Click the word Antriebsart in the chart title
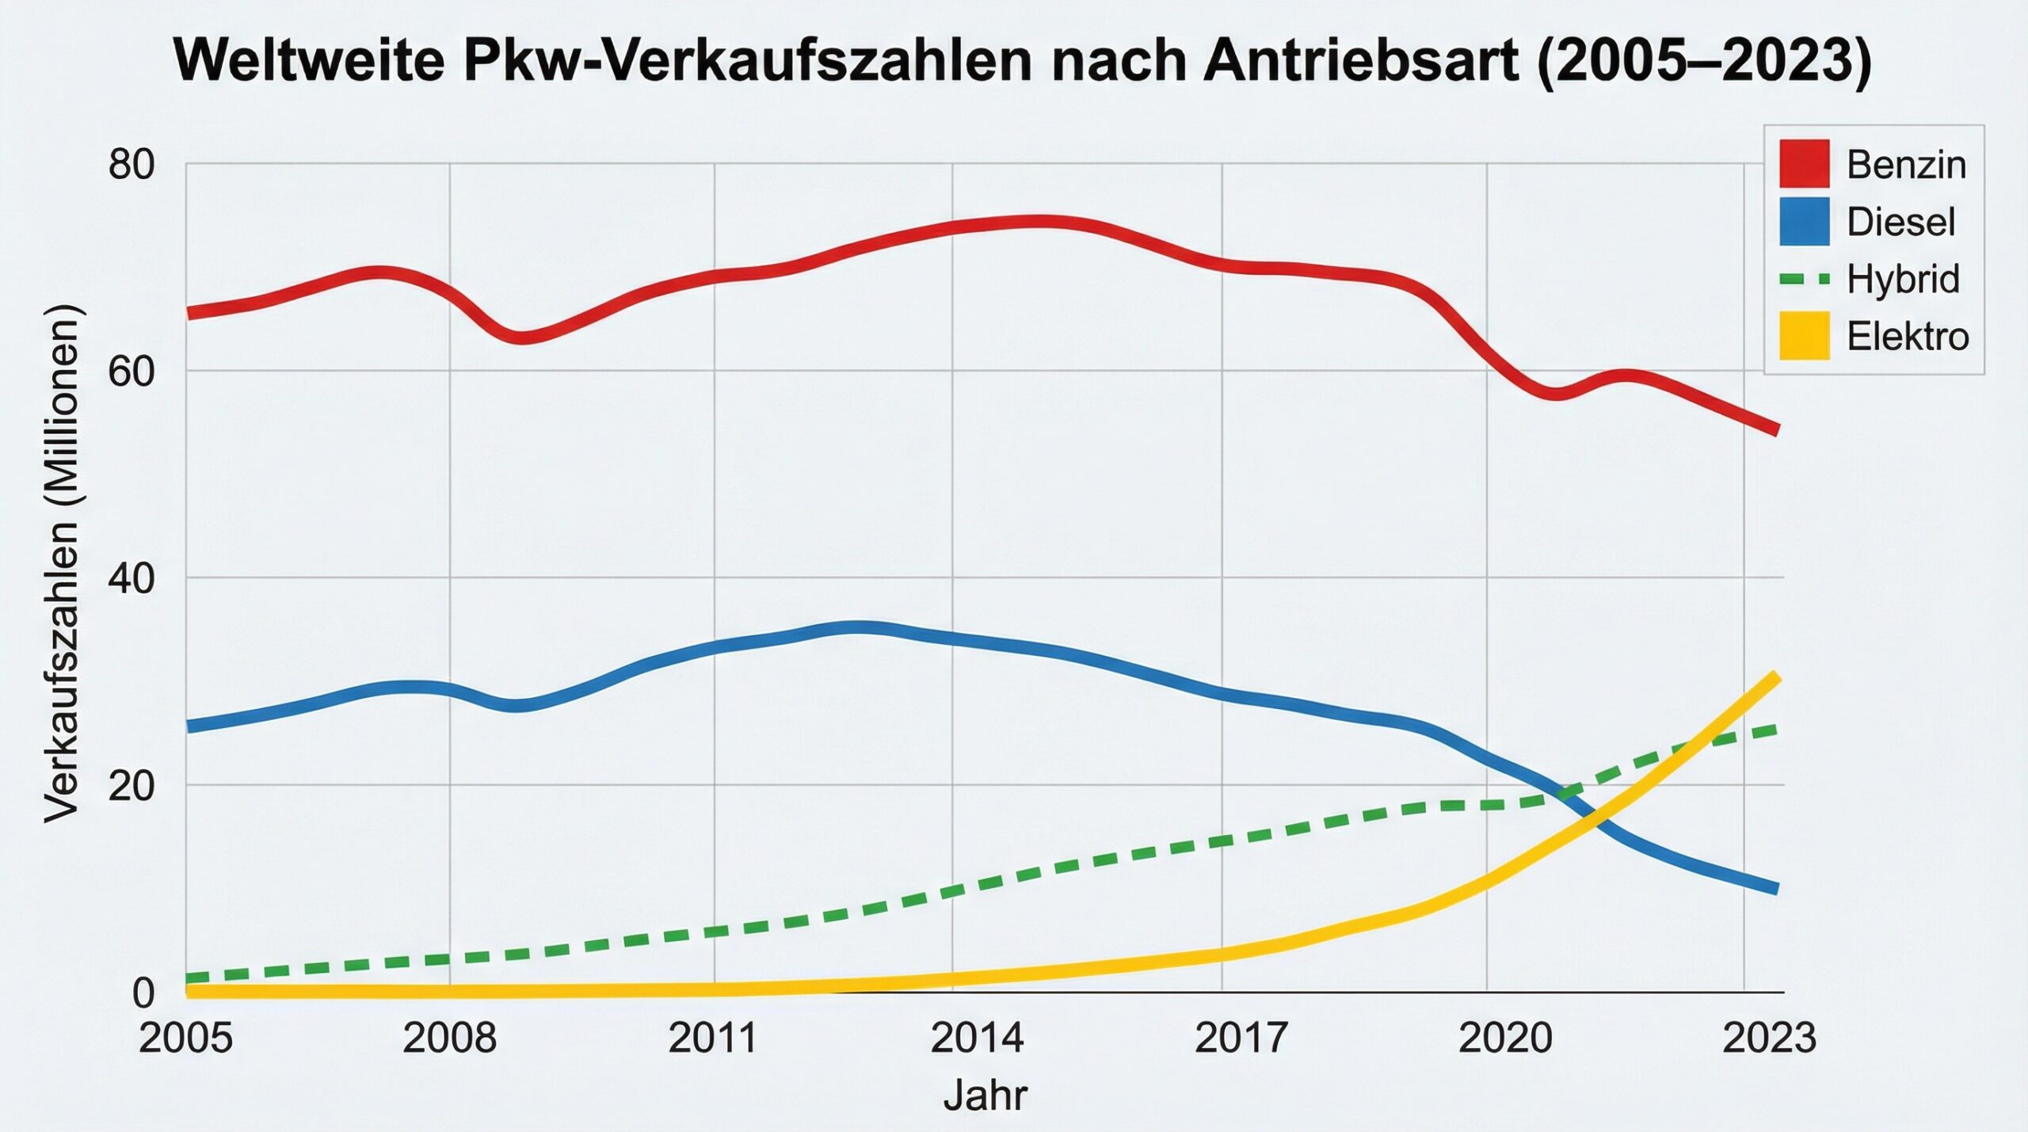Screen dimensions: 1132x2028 click(x=1360, y=60)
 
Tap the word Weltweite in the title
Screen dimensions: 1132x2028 click(x=309, y=60)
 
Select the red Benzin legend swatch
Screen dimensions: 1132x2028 click(x=1804, y=163)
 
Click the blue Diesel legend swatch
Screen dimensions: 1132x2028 click(x=1804, y=221)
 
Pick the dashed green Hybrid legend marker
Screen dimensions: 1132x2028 click(x=1804, y=279)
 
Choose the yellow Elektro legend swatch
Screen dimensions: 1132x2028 click(x=1804, y=336)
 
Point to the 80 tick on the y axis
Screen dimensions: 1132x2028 click(x=132, y=165)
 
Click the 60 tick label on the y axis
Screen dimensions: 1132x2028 click(x=132, y=371)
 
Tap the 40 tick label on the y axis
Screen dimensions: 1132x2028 click(x=132, y=579)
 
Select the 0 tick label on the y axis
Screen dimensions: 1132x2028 click(x=143, y=993)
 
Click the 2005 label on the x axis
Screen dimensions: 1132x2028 click(x=185, y=1038)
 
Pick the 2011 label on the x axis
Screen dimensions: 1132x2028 click(x=713, y=1038)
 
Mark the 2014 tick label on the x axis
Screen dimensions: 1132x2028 click(x=977, y=1038)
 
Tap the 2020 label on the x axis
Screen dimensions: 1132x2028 click(x=1505, y=1038)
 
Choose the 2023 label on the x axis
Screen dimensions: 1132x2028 click(x=1769, y=1038)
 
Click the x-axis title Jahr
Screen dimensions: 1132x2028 click(x=985, y=1096)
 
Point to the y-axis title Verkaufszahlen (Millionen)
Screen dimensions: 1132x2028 click(x=62, y=562)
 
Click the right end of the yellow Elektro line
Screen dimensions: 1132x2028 click(x=1776, y=677)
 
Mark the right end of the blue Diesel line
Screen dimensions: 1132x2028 click(x=1776, y=889)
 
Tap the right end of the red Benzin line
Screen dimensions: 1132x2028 click(x=1776, y=430)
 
